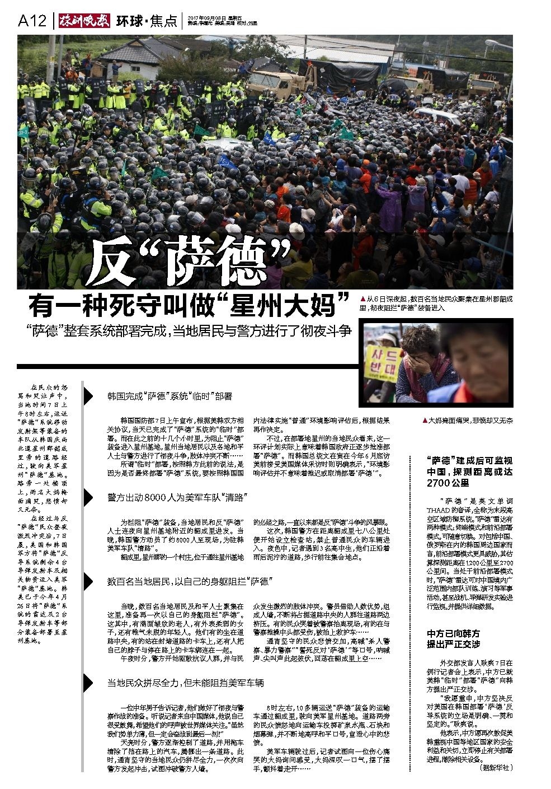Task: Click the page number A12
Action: (32, 21)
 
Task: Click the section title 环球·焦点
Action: (147, 21)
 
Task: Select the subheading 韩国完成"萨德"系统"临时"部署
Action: (169, 396)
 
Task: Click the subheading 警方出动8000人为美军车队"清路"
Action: (177, 497)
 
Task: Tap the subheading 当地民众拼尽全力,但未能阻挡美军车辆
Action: (185, 683)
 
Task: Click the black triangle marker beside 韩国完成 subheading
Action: (88, 396)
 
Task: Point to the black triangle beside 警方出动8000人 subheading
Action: (88, 497)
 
